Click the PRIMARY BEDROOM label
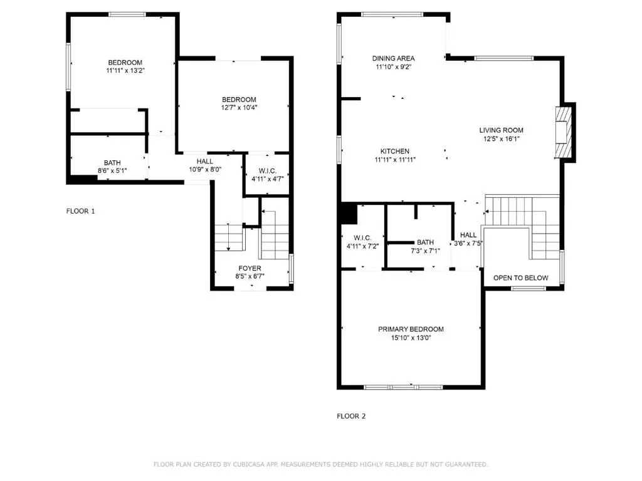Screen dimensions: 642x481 [411, 329]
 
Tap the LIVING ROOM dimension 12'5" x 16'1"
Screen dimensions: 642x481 [502, 138]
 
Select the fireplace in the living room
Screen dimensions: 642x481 [563, 132]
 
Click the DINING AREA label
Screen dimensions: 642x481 [394, 58]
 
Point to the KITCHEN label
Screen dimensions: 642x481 [395, 152]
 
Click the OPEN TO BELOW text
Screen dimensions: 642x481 [521, 278]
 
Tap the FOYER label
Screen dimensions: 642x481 [250, 268]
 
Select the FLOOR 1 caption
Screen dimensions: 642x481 [81, 211]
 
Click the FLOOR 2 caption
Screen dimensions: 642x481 [351, 416]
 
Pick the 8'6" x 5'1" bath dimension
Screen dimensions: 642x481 [112, 170]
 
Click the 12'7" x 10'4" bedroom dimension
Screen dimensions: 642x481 [239, 108]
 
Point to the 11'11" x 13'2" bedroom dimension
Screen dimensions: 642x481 [125, 70]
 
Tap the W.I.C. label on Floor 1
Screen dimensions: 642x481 [267, 171]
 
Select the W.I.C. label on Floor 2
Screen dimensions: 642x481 [363, 238]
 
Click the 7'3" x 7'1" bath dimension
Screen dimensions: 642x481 [426, 251]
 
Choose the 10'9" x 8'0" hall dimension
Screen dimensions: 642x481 [205, 169]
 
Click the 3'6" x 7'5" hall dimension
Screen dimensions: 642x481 [468, 244]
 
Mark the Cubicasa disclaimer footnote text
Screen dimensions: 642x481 [321, 464]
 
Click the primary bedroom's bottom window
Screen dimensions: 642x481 [403, 387]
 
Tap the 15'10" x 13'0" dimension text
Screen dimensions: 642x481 [411, 338]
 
